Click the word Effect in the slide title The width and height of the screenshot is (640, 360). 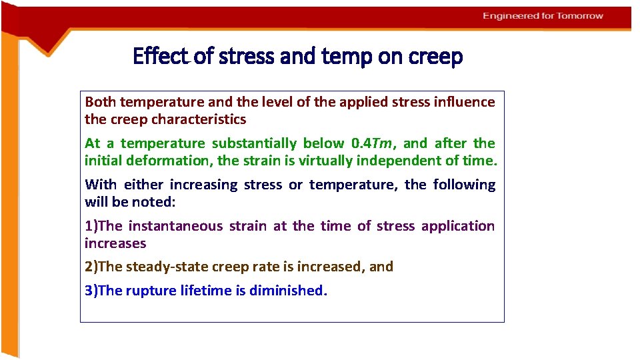[x=161, y=56]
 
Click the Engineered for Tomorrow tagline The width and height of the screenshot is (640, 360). [x=543, y=16]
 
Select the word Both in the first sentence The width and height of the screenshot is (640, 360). [x=101, y=102]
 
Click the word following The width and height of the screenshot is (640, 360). [x=464, y=185]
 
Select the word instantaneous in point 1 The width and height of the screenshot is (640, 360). [x=175, y=226]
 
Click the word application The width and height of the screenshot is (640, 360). [x=457, y=226]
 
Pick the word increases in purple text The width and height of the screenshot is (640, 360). [x=115, y=243]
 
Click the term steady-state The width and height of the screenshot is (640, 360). [x=167, y=267]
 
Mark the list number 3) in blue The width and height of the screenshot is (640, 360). [x=91, y=291]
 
